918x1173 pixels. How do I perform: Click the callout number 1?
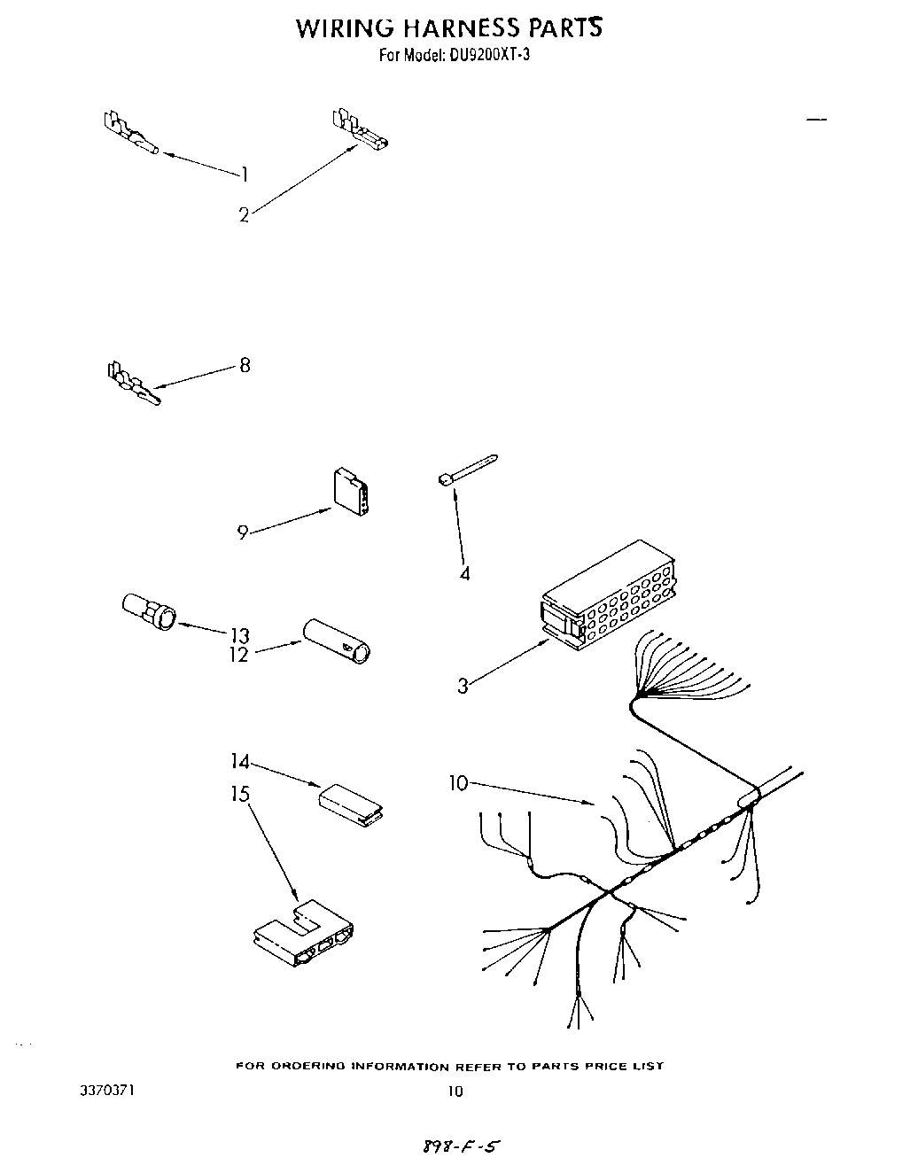(244, 175)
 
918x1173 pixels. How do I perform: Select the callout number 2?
(244, 214)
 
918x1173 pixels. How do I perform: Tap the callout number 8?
(245, 364)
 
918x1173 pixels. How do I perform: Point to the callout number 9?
(242, 532)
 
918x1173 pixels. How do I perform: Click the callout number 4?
(464, 573)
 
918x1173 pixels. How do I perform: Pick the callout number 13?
(239, 635)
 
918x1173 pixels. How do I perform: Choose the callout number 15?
(241, 794)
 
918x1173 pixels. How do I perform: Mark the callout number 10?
(458, 782)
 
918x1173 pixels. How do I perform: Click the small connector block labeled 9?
(351, 492)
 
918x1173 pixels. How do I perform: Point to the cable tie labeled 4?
(466, 470)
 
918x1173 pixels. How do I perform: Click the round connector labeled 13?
(149, 611)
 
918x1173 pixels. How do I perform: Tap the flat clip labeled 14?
(351, 803)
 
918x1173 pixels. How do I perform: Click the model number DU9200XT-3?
(486, 56)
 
